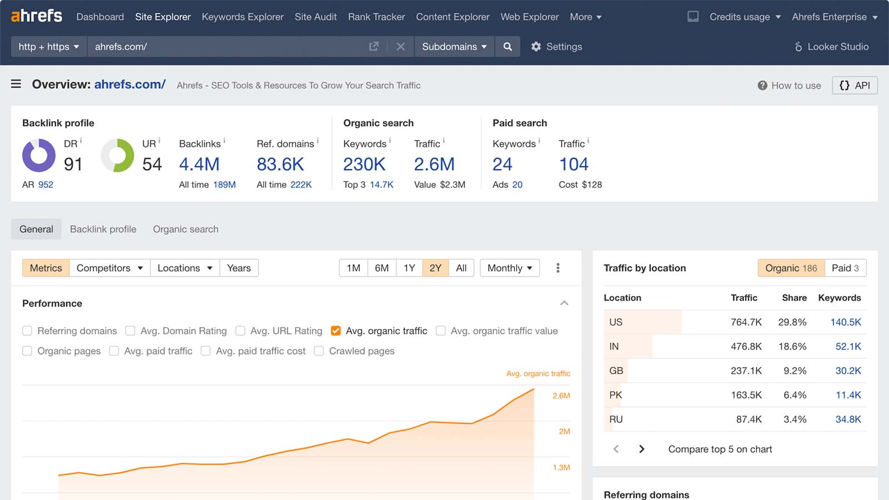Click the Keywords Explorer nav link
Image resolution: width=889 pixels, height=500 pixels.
coord(242,17)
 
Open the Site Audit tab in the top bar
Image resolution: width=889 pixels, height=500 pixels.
coord(316,17)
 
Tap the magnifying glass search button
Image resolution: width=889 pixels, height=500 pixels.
coord(507,47)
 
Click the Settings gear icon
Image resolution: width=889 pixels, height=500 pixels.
coord(536,47)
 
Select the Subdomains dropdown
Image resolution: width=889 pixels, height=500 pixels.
coord(455,47)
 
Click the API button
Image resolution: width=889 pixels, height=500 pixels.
coord(855,86)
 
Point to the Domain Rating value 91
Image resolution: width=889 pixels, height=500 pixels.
coord(73,164)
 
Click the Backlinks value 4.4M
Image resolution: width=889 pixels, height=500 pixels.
coord(199,164)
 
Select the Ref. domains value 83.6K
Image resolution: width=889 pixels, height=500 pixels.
coord(280,164)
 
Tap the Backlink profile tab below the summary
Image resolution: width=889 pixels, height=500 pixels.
coord(103,229)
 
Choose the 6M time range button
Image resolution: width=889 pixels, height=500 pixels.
coord(381,268)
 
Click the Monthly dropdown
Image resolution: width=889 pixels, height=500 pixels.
coord(510,268)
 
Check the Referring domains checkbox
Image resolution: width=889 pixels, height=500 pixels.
coord(27,331)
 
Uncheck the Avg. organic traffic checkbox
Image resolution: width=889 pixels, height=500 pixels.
coord(336,331)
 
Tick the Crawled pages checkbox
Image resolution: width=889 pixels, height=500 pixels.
coord(319,351)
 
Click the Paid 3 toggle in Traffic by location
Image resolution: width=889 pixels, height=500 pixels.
coord(845,268)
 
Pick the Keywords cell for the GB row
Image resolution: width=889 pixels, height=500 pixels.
coord(848,371)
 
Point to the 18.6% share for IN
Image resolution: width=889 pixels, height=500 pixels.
coord(792,347)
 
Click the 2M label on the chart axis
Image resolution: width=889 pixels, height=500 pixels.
coord(564,431)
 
